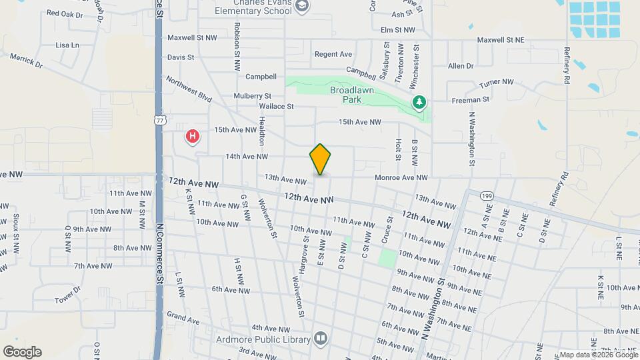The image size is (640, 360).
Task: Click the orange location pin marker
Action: tap(320, 159)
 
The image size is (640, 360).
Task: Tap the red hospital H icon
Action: tap(193, 137)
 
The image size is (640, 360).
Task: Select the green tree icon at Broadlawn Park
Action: tap(419, 102)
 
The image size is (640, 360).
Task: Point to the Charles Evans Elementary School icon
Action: tap(303, 6)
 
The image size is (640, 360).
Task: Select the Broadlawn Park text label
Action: tap(351, 95)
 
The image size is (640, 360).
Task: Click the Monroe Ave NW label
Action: tap(401, 177)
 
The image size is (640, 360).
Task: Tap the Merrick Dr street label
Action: tap(26, 61)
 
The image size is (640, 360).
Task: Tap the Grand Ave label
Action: tap(183, 318)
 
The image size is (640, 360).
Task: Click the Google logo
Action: tap(22, 352)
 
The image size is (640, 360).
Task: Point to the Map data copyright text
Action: tap(597, 355)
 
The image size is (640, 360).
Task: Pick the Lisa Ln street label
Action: tap(67, 45)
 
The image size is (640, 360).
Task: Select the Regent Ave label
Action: tap(333, 54)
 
